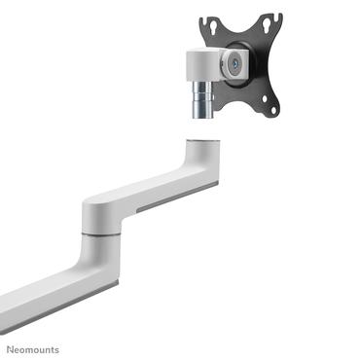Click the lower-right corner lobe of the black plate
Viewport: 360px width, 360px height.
273,109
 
